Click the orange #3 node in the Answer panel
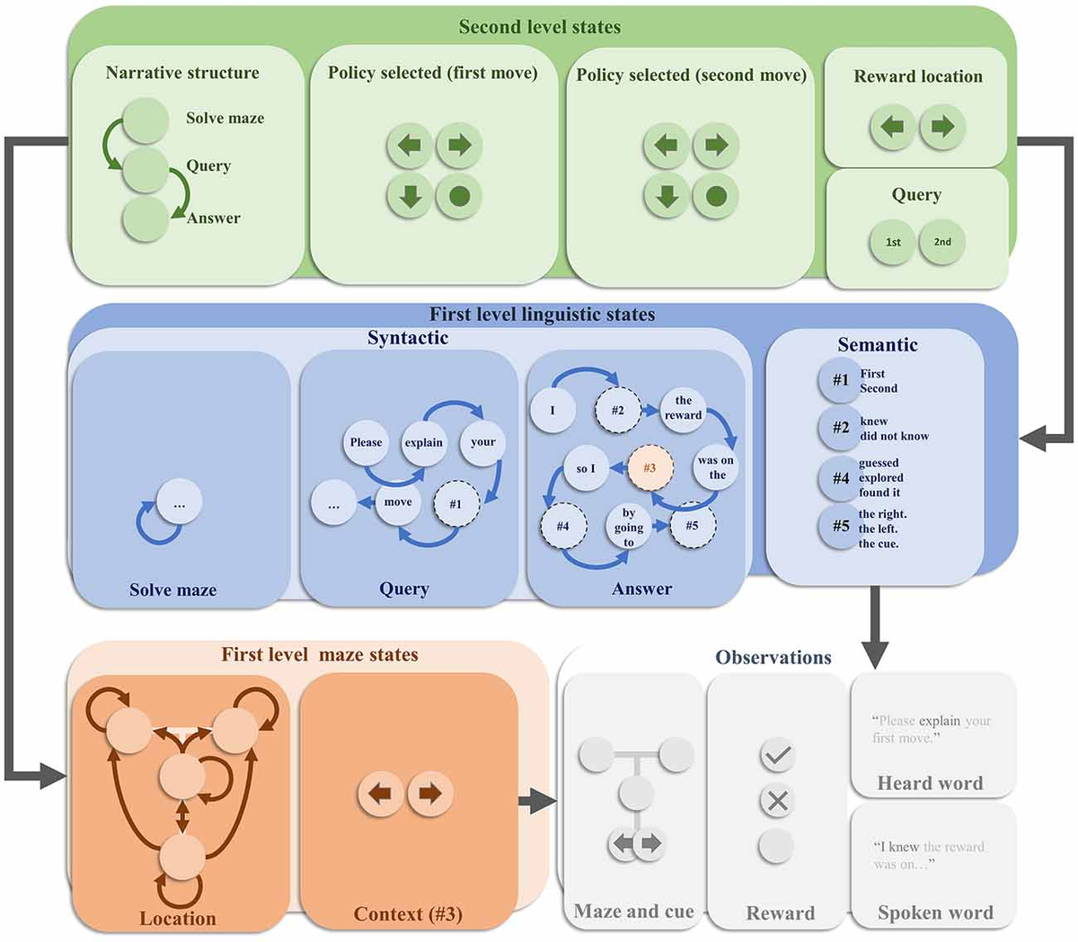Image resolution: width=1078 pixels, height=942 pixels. [649, 468]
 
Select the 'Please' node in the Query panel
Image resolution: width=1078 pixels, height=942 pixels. [366, 442]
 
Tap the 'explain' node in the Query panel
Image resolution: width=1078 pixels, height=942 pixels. [423, 442]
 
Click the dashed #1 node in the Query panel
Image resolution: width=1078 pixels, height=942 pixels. [455, 503]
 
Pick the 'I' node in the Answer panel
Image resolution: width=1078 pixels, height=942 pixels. [552, 411]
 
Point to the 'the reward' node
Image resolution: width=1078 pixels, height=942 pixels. [683, 408]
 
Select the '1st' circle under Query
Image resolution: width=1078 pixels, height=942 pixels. [893, 242]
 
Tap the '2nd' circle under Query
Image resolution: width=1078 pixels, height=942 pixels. [942, 242]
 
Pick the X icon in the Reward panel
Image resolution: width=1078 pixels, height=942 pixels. [777, 801]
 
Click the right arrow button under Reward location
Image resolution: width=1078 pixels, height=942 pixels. [942, 127]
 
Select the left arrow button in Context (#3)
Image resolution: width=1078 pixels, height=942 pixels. [381, 794]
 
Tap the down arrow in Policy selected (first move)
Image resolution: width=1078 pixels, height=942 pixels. [410, 196]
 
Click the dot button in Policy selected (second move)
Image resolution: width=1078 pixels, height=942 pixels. [716, 196]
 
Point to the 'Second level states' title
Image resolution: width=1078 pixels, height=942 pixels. [539, 27]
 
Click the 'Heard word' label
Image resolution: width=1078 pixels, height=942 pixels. [930, 783]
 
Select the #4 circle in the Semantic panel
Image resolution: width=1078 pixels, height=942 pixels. [840, 478]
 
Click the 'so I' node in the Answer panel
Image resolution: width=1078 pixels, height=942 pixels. [586, 468]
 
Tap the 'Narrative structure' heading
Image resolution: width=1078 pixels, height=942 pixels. [182, 73]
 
